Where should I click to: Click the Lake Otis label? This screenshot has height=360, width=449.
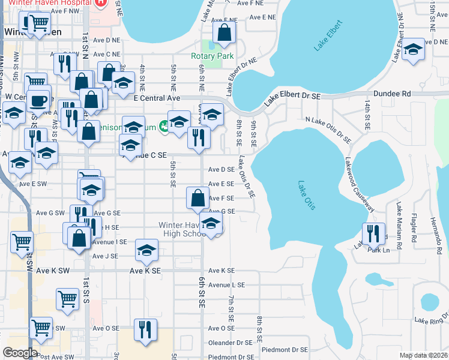click(306, 196)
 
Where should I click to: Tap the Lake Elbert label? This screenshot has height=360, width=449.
click(328, 35)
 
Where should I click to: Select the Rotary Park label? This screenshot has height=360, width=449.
click(212, 56)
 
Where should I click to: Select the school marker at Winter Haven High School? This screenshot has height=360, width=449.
click(211, 224)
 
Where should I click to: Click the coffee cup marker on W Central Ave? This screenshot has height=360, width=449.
click(39, 101)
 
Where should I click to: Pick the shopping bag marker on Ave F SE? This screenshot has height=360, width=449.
click(197, 198)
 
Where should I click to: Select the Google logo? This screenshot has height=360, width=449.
click(20, 353)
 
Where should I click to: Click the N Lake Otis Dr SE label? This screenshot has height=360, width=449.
click(328, 129)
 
